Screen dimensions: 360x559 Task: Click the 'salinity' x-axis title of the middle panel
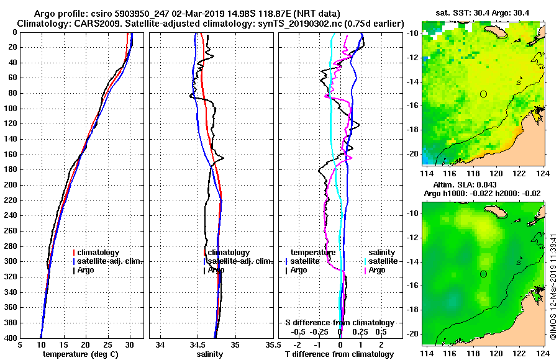210,354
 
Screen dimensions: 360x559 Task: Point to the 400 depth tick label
11,338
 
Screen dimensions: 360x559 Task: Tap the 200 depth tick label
11,185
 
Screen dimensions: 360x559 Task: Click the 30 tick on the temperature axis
129,346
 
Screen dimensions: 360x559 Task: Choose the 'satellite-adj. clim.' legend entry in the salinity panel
237,261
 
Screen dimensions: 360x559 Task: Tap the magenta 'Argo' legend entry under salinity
376,270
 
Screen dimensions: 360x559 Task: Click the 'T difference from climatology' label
339,354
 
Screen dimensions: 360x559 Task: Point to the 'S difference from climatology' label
339,323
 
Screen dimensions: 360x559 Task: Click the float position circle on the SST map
483,94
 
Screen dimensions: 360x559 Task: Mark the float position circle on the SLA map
483,274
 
